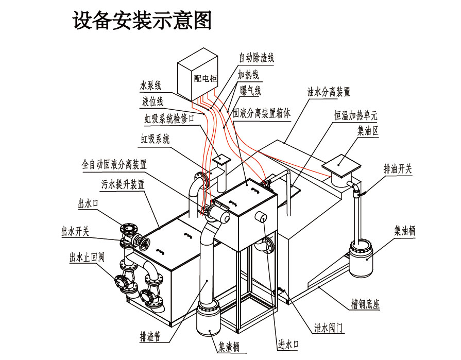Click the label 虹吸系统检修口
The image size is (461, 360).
(x=169, y=119)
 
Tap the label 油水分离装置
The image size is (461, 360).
(x=329, y=92)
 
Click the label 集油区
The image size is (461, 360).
(x=368, y=131)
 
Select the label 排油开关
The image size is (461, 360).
(x=398, y=169)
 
